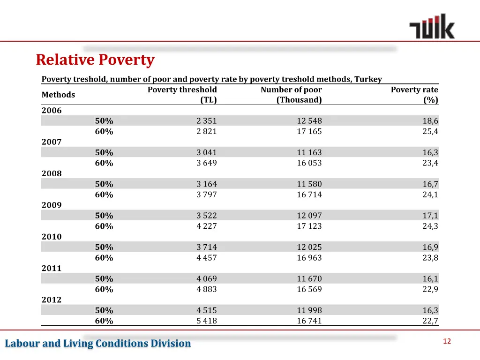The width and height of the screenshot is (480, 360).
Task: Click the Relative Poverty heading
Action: (95, 60)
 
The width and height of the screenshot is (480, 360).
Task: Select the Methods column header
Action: (58, 95)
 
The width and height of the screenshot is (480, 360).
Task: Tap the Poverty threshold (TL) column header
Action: (182, 95)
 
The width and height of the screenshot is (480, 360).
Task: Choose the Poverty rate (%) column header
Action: (414, 95)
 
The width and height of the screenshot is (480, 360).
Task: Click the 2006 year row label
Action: (52, 111)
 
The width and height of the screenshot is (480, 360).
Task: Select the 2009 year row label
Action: (52, 205)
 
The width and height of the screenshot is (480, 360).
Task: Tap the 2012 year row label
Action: (52, 300)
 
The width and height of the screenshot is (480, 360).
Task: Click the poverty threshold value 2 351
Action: (207, 121)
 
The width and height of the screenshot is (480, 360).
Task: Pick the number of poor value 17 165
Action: (309, 132)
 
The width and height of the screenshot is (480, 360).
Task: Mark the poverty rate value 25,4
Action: (430, 132)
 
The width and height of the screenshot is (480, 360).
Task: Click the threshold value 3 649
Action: (207, 163)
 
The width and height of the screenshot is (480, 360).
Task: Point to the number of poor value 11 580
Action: (309, 184)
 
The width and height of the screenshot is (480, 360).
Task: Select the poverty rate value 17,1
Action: (430, 216)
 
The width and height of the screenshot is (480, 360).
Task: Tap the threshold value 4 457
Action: (207, 258)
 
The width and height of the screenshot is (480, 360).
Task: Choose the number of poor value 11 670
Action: (309, 279)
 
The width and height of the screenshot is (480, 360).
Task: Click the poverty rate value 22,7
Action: (430, 321)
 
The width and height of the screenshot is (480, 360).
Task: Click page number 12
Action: (447, 341)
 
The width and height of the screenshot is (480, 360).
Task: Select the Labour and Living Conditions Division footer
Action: (98, 344)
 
